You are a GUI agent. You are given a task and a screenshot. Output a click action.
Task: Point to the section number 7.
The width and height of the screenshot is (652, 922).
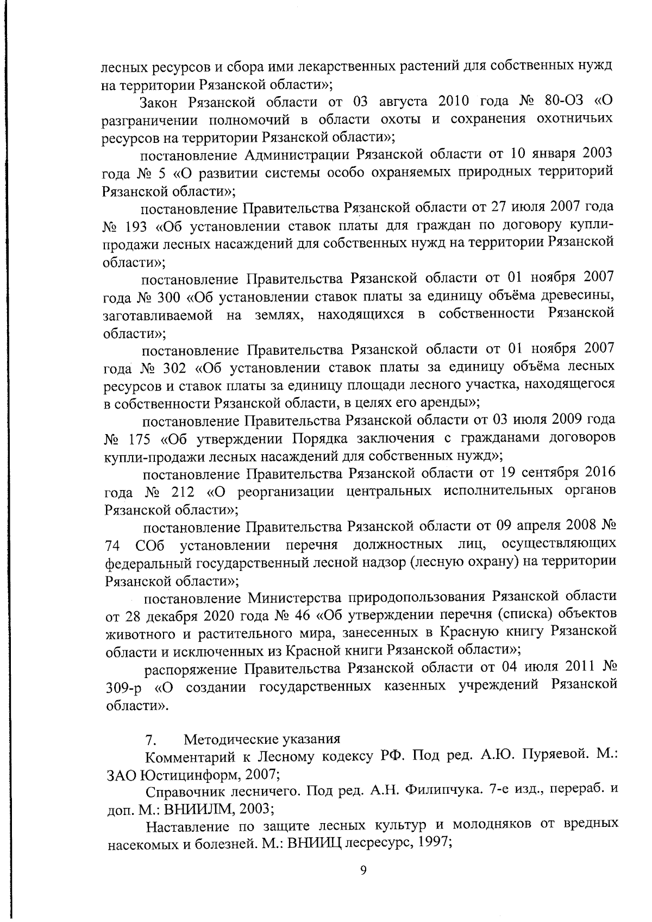pyautogui.click(x=151, y=739)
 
